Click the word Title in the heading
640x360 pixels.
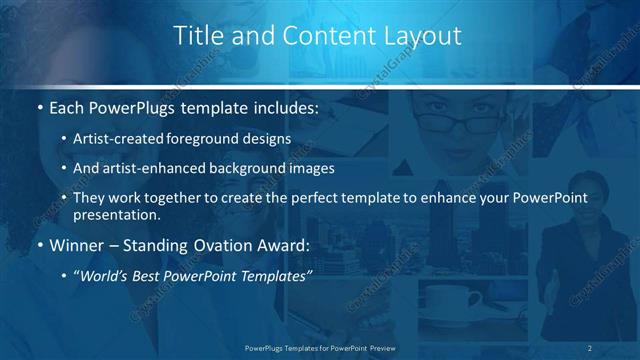coord(198,36)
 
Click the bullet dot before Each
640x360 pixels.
coord(39,107)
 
